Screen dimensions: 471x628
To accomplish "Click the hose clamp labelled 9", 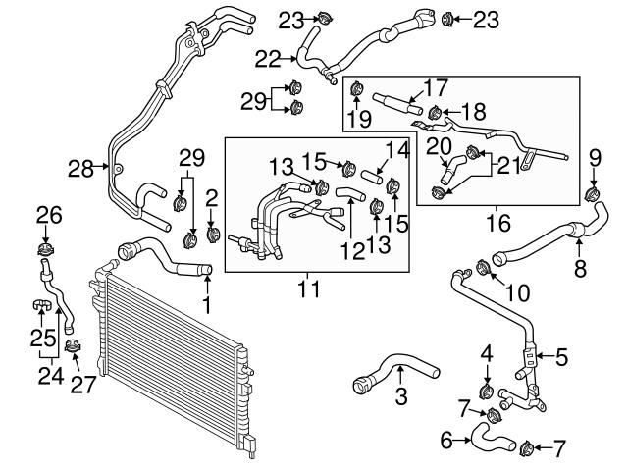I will (x=591, y=191).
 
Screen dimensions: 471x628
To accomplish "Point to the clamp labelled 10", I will (x=483, y=268).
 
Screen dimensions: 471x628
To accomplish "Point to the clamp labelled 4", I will (x=486, y=392).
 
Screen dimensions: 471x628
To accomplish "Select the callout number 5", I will (x=561, y=358).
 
